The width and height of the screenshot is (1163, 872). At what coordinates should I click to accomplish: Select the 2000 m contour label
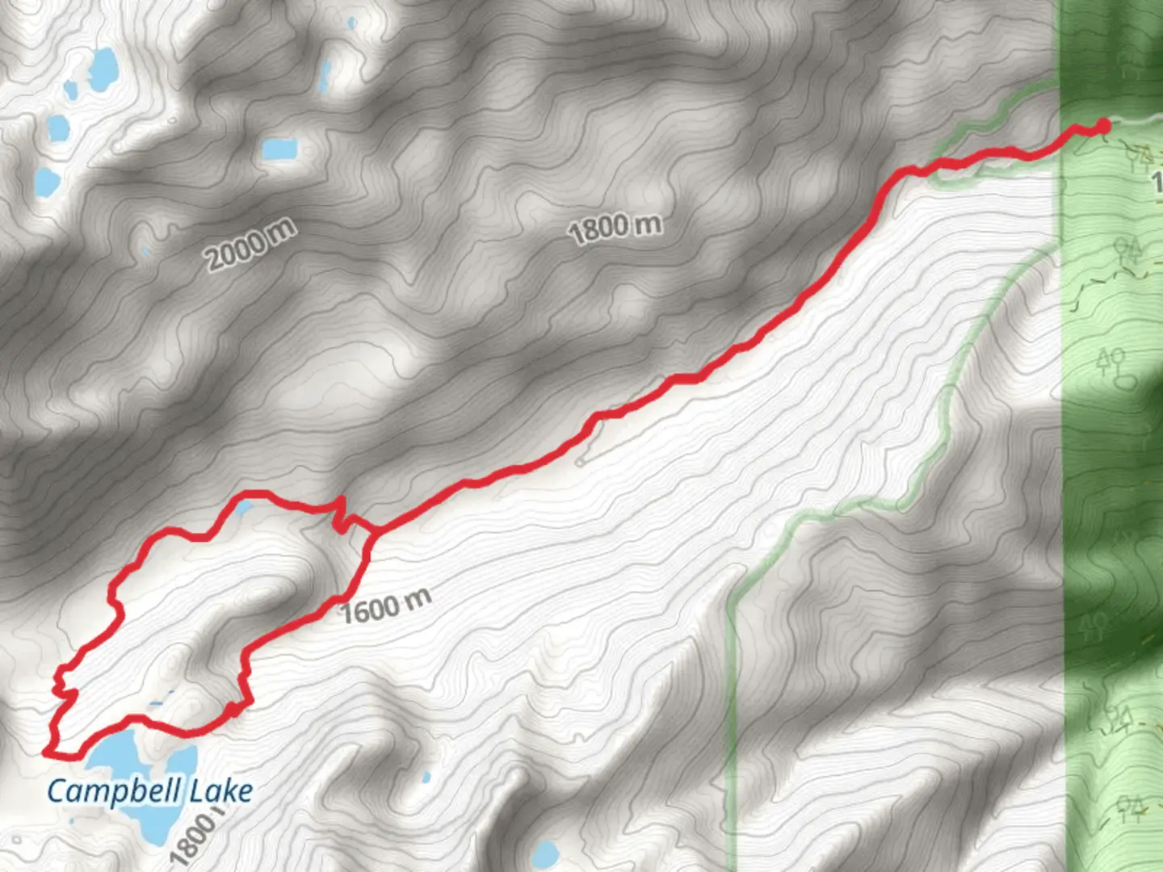(x=250, y=244)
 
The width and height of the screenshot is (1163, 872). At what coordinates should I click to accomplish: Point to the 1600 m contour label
(x=385, y=606)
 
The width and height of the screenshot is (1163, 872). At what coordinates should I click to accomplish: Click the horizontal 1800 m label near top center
(x=615, y=228)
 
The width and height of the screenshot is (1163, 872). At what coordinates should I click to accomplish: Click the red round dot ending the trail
(x=1103, y=125)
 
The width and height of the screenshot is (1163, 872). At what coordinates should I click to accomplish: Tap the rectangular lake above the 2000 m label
(x=279, y=149)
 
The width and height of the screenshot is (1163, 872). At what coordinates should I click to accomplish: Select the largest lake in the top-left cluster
(x=103, y=68)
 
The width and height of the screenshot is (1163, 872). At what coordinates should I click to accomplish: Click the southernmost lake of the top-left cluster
(x=47, y=183)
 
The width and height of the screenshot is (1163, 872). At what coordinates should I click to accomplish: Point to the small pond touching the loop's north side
(x=243, y=508)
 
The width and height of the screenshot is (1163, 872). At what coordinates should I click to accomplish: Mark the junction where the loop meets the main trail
(x=373, y=530)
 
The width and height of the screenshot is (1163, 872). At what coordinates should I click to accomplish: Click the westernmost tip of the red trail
(x=45, y=753)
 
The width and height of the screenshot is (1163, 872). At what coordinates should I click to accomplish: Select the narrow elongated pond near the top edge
(x=325, y=76)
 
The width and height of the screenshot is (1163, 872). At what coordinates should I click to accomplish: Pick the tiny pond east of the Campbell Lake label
(x=426, y=778)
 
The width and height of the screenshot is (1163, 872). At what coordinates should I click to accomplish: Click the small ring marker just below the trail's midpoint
(x=580, y=463)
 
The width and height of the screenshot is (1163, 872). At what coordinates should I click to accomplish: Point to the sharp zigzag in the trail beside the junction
(x=341, y=517)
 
